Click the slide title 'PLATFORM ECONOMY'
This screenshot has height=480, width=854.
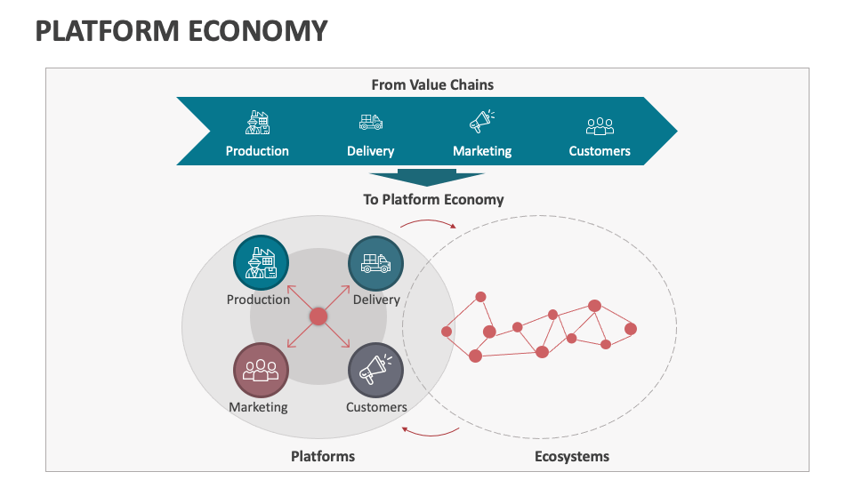(x=181, y=30)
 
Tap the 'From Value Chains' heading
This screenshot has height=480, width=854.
(x=432, y=85)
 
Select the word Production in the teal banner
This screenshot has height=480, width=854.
(x=257, y=151)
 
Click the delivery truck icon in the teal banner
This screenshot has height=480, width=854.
(x=371, y=123)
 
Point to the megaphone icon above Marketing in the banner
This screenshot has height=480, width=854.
(x=482, y=122)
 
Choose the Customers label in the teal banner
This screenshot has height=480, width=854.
(x=600, y=151)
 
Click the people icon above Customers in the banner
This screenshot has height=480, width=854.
(x=600, y=125)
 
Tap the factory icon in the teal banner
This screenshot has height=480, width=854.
(x=257, y=123)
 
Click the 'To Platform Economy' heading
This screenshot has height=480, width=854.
(x=433, y=199)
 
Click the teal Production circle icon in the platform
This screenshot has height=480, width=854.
(x=261, y=264)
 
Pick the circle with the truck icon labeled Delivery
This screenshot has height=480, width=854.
(x=375, y=264)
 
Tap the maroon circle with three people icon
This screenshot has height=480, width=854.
(x=261, y=371)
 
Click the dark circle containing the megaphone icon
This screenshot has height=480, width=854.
(x=375, y=371)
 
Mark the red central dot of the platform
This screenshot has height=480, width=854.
(x=318, y=316)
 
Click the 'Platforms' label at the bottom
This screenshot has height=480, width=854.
(x=323, y=456)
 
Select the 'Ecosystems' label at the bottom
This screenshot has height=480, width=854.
(x=572, y=456)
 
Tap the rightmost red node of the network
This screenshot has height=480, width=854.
(x=631, y=329)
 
